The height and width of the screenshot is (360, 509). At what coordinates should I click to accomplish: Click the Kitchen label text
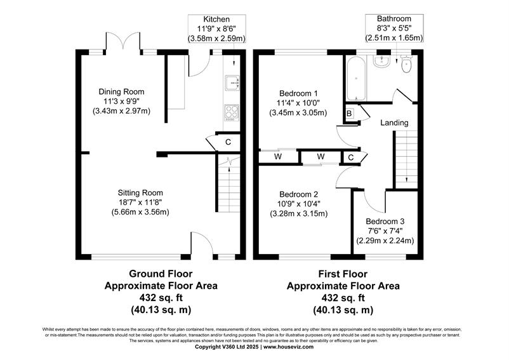tap(216, 19)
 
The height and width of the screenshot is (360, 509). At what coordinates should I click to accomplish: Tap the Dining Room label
tap(121, 92)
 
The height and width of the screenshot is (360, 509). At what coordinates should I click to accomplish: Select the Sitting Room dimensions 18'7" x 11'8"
tap(140, 203)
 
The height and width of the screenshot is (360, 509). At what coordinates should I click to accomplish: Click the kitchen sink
tap(232, 84)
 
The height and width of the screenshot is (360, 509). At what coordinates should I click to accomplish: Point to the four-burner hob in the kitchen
tap(232, 113)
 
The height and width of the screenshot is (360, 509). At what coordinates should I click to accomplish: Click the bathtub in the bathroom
tap(356, 79)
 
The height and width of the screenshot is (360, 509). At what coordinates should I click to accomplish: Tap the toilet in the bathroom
tap(406, 63)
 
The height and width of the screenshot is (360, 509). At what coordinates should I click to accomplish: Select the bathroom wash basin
tap(381, 61)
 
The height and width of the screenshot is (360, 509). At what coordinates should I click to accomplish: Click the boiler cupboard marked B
tap(350, 114)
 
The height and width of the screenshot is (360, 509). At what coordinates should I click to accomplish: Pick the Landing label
tap(394, 123)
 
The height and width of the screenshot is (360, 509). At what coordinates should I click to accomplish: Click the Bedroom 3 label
tap(385, 222)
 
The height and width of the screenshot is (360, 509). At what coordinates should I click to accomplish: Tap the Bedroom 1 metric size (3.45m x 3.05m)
tap(298, 113)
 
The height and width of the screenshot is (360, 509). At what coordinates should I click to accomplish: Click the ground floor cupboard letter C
tap(228, 142)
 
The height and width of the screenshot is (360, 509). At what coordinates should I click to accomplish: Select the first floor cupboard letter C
tap(350, 157)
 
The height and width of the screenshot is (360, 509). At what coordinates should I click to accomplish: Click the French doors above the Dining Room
tap(122, 41)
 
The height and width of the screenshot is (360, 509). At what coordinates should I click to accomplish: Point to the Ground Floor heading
tap(161, 274)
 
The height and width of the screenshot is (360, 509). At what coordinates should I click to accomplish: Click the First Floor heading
tap(343, 274)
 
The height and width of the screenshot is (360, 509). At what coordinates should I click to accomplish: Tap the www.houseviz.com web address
tap(288, 347)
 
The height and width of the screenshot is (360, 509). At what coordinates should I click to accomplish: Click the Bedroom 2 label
tap(299, 194)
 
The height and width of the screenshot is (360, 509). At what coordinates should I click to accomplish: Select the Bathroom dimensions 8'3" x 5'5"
tap(394, 28)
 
